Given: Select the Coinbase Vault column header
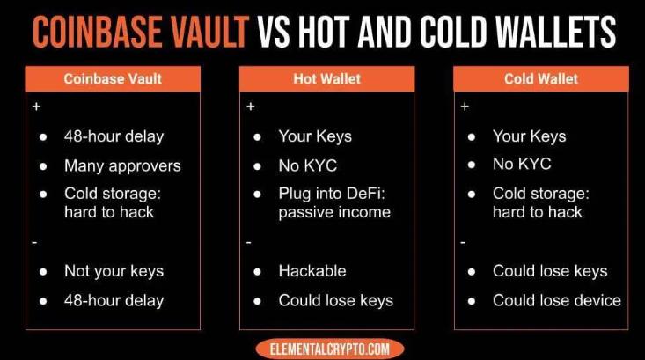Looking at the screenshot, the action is click(113, 79).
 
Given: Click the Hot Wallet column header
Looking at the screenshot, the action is click(327, 79).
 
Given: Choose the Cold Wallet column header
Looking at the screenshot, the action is click(541, 79).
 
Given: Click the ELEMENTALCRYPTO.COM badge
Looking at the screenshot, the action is click(329, 349).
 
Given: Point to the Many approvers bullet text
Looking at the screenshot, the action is click(122, 166).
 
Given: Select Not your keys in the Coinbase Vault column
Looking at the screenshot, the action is click(114, 272).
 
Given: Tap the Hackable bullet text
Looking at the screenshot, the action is click(312, 271).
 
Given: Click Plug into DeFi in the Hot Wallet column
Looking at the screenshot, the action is click(332, 194).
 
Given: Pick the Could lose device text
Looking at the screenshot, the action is click(557, 300).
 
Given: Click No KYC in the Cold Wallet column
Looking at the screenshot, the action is click(522, 165).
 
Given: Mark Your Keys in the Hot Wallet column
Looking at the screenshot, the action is click(315, 136).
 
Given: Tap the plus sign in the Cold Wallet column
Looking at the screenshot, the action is click(465, 107).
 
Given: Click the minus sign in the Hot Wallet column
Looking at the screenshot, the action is click(248, 243).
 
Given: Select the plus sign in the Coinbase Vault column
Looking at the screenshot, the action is click(37, 107).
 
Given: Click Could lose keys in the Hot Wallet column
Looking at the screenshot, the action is click(335, 301).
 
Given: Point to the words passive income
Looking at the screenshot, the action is click(334, 213).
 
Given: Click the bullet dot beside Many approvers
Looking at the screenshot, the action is click(43, 166).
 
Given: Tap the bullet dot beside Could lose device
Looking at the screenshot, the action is click(472, 301).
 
